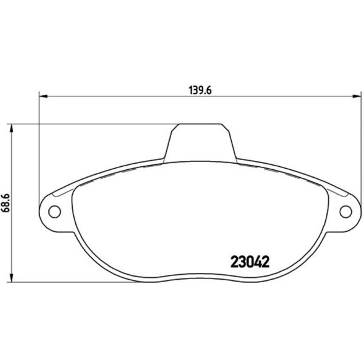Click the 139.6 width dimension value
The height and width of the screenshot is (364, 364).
[x=200, y=90]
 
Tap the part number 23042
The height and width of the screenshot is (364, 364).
[x=250, y=261]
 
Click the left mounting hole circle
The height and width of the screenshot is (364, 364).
[x=55, y=212]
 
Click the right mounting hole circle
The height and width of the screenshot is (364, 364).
[x=345, y=212]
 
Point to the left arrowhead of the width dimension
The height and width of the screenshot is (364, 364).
[x=43, y=96]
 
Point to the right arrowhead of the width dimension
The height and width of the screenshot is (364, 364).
[x=357, y=96]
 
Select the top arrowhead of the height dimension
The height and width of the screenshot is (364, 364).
[x=11, y=128]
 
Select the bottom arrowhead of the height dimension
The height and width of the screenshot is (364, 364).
[x=11, y=278]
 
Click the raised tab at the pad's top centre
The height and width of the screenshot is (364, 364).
[x=200, y=143]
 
